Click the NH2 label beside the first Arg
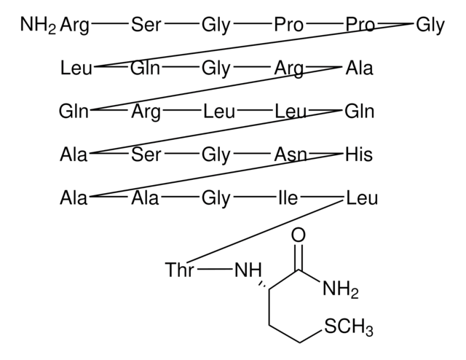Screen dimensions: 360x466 36,26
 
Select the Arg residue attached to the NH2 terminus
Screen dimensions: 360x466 75,26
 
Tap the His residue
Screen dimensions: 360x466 359,154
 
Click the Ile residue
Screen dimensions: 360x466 288,197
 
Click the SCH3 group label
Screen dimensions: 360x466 349,329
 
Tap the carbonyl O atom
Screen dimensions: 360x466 298,235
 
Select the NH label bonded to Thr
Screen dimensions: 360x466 248,271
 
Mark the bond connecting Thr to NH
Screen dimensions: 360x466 214,271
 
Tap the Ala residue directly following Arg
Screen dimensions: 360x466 359,69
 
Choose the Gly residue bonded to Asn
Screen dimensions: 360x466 216,154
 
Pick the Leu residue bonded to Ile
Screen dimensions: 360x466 362,197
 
